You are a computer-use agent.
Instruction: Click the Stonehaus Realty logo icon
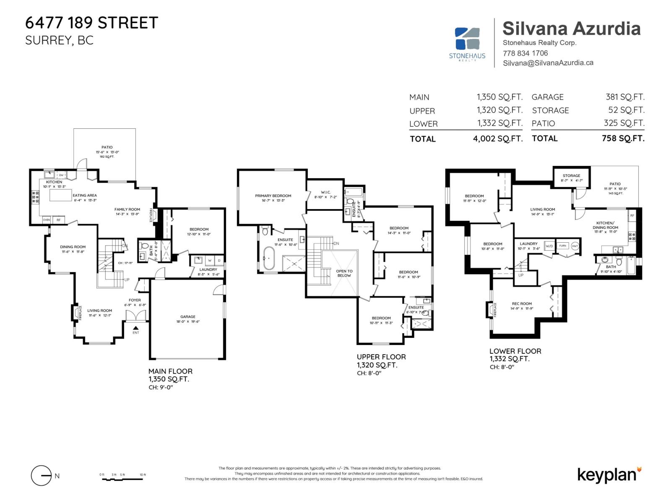coord(467,39)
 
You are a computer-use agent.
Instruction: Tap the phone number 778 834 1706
coord(525,53)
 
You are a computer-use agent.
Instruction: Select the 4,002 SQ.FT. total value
coord(498,139)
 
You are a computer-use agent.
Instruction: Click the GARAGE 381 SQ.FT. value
coord(625,97)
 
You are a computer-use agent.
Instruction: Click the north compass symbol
coord(42,476)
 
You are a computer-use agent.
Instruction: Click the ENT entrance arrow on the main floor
coord(135,328)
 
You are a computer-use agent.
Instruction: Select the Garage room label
coord(188,317)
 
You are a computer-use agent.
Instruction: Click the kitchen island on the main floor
coord(61,196)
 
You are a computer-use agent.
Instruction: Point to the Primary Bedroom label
coord(273,196)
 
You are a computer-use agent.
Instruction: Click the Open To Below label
coord(344,273)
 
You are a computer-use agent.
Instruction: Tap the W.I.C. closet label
coord(326,192)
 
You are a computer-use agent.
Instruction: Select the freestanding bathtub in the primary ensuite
coord(268,258)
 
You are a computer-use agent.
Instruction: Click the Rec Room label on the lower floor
coord(522,303)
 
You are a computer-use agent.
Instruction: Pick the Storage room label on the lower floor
coord(571,176)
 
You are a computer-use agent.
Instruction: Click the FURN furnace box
coord(562,246)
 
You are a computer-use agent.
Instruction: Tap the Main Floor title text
coord(170,371)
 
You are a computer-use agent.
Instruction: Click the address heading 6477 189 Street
coord(91,23)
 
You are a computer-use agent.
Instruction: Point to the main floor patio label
coord(107,147)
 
